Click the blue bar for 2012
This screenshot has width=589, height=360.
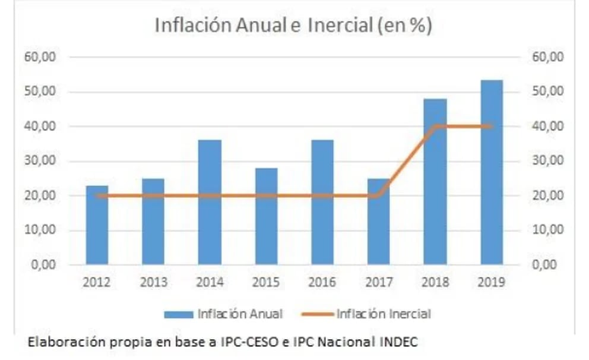pyautogui.click(x=97, y=226)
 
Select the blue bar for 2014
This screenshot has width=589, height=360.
pyautogui.click(x=210, y=202)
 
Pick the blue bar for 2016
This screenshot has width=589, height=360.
pyautogui.click(x=322, y=202)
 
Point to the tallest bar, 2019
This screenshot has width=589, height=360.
pyautogui.click(x=492, y=172)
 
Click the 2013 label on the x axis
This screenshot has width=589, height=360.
pyautogui.click(x=153, y=282)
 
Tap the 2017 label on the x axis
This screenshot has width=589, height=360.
pyautogui.click(x=379, y=282)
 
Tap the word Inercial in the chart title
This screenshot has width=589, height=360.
pyautogui.click(x=345, y=26)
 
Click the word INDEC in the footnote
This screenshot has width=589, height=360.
pyautogui.click(x=403, y=342)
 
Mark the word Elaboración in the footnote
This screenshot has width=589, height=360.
pyautogui.click(x=57, y=342)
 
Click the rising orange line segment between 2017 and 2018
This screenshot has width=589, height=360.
pyautogui.click(x=407, y=161)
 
